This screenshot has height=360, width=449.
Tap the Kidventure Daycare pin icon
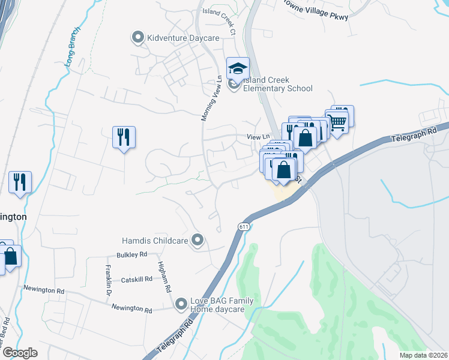pyautogui.click(x=138, y=38)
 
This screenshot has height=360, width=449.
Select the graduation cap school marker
pyautogui.click(x=238, y=69)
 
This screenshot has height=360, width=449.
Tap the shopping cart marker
pyautogui.click(x=338, y=122)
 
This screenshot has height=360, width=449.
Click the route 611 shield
pyautogui.click(x=243, y=227)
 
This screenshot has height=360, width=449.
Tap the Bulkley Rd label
pyautogui.click(x=132, y=255)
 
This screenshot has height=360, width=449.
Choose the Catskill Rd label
pyautogui.click(x=136, y=279)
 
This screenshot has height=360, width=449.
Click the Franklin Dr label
pyautogui.click(x=109, y=280)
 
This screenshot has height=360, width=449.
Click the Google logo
pyautogui.click(x=20, y=352)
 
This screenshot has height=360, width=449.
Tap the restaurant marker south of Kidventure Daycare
pyautogui.click(x=124, y=137)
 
